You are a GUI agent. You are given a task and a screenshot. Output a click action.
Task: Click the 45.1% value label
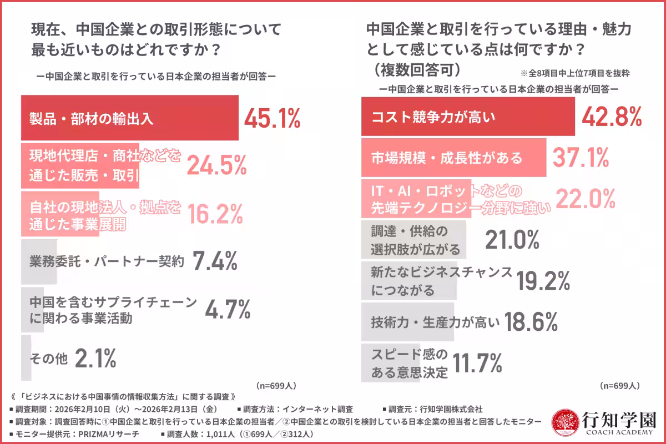tap(272, 118)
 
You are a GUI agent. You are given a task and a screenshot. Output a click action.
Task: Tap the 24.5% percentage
tap(216, 165)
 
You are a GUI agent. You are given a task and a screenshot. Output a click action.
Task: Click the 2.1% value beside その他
tap(95, 359)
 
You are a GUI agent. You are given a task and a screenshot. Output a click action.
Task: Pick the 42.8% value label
tap(611, 117)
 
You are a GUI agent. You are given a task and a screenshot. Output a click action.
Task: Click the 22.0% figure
tap(584, 199)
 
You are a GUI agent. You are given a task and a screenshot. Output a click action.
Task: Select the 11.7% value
tap(478, 363)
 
